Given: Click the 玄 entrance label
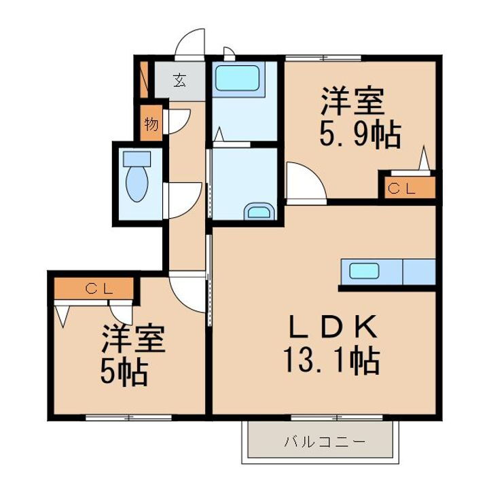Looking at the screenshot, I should tap(179, 80).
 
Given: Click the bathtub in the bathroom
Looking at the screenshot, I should tap(237, 78).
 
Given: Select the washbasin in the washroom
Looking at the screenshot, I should tap(258, 212).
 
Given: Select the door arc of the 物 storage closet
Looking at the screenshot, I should tap(174, 122).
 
